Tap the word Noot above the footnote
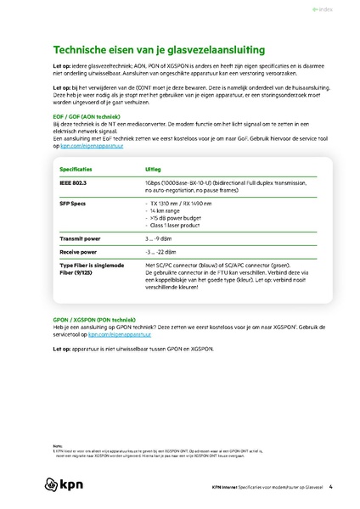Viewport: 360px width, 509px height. [x=57, y=444]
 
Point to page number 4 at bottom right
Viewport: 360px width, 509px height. [x=330, y=487]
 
